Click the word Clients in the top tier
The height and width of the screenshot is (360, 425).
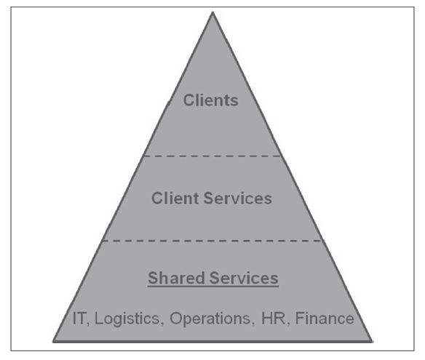(210, 100)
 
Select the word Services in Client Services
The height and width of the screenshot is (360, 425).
(237, 198)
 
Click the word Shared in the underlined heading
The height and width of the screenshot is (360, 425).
(176, 278)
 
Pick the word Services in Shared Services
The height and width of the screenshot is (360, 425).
(244, 278)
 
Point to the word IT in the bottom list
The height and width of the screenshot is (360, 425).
(79, 318)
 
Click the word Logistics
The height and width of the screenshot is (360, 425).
(127, 319)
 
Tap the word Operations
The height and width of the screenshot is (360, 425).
(210, 319)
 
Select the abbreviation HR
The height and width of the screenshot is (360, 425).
(273, 318)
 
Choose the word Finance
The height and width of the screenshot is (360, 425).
(325, 318)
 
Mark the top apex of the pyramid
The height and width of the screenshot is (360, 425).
(212, 12)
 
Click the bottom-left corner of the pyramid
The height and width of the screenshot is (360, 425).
(53, 341)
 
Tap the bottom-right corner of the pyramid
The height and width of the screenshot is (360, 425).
(372, 341)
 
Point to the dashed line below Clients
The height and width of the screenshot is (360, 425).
(212, 156)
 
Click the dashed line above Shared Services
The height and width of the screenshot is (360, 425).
(212, 241)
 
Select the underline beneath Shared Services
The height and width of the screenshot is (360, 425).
(213, 286)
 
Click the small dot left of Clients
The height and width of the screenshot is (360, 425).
(169, 103)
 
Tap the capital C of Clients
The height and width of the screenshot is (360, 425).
(188, 100)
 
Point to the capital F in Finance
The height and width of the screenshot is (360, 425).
(299, 318)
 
